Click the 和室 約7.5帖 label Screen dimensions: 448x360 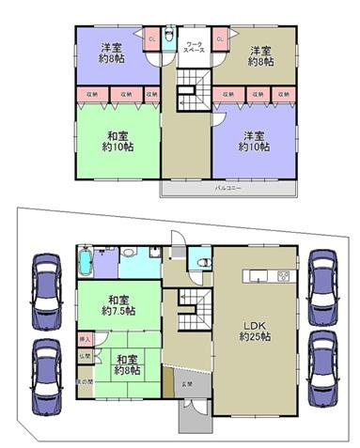[x=119, y=305]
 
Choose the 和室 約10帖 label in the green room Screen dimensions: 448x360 [x=119, y=140]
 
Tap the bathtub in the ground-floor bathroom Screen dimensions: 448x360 [x=86, y=261]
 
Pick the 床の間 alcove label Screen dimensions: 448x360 [x=85, y=381]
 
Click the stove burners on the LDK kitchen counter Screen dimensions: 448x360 [x=282, y=276]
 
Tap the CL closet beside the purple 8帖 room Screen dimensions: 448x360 [x=151, y=39]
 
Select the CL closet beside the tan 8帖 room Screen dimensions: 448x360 [x=220, y=39]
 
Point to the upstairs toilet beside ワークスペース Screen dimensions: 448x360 [x=168, y=39]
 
